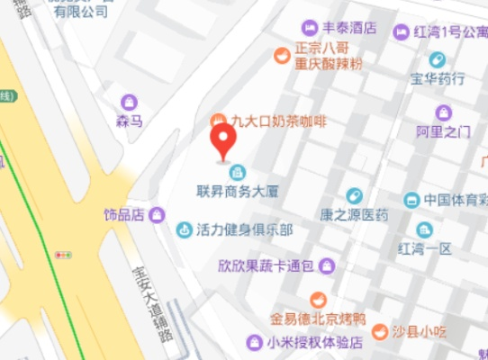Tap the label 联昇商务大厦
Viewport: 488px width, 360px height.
tap(239, 191)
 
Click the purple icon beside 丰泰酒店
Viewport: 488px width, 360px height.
tap(310, 27)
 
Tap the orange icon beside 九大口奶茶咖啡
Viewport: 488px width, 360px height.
tap(217, 120)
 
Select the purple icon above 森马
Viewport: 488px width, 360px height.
tap(130, 101)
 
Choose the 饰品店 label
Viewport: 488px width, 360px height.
tap(124, 215)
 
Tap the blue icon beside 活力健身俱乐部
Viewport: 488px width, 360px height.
tap(185, 229)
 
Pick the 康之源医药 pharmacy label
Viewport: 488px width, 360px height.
tap(355, 215)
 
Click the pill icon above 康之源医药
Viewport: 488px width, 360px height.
tap(355, 196)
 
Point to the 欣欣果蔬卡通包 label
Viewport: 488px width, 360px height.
tap(266, 265)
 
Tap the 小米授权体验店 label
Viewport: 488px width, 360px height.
tap(314, 342)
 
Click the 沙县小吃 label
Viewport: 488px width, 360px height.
tap(419, 330)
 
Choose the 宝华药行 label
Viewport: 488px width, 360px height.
tap(438, 78)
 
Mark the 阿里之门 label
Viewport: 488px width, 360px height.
tap(443, 131)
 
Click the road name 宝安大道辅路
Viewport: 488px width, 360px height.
tap(149, 301)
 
